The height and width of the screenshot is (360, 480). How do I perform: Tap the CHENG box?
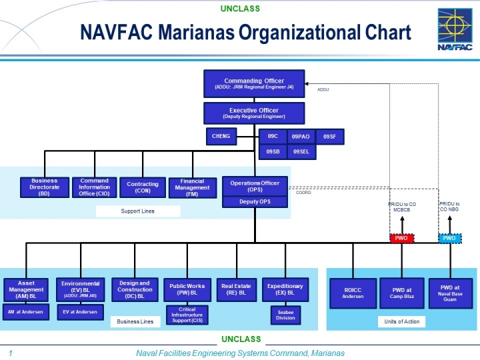click(221, 136)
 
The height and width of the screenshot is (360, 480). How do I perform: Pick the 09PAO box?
click(301, 136)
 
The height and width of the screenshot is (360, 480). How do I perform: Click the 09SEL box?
click(301, 152)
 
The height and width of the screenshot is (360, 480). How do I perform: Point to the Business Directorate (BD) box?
click(44, 187)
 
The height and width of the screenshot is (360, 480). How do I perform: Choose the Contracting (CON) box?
click(143, 187)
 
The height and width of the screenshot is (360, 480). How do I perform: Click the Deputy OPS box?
click(255, 202)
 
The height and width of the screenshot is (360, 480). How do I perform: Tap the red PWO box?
click(402, 238)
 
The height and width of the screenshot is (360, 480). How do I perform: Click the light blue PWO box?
click(449, 238)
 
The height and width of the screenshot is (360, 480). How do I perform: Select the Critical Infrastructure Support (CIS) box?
click(187, 315)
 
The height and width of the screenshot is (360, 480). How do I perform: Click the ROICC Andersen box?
click(353, 293)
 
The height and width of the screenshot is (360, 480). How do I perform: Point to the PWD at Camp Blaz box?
click(402, 293)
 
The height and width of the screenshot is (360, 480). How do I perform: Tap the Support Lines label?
click(138, 211)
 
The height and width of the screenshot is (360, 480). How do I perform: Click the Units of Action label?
click(402, 322)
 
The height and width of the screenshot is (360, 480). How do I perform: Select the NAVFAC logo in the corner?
click(455, 29)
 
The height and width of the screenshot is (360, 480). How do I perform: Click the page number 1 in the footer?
click(11, 353)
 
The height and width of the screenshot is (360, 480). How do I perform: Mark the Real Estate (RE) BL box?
click(236, 289)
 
